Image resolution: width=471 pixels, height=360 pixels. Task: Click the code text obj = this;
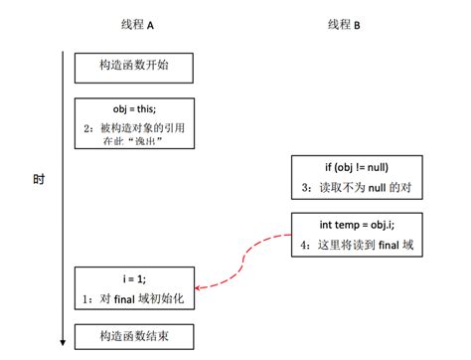point(133,107)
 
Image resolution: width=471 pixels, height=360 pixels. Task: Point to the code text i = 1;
point(134,278)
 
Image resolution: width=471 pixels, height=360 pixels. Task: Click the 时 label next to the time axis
point(38,180)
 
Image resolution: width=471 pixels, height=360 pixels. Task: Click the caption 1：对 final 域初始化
point(134,298)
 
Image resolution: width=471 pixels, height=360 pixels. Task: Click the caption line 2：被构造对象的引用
point(134,127)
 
